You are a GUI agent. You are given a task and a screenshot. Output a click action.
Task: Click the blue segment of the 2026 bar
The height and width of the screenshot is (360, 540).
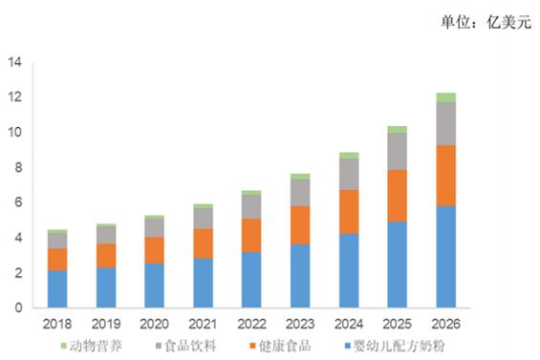[x=446, y=257]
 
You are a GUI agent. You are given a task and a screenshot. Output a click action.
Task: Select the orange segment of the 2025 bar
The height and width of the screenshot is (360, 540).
[x=397, y=196]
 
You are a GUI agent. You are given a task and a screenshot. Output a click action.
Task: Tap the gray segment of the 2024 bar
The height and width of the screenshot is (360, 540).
[x=349, y=174]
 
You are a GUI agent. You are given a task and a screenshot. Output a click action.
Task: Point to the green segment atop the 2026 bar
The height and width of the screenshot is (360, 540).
[x=446, y=97]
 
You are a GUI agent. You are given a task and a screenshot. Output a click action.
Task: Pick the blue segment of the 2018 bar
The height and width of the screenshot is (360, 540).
[x=57, y=289]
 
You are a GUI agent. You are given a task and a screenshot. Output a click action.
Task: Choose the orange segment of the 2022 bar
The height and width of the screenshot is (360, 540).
[x=251, y=236]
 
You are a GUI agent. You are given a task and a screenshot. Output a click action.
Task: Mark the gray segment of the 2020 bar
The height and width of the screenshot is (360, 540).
[x=154, y=228]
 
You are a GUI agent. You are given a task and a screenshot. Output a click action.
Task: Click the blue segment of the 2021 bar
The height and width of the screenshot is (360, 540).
[x=204, y=283]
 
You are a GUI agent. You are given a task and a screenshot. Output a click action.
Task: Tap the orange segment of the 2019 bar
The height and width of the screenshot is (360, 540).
[x=106, y=256]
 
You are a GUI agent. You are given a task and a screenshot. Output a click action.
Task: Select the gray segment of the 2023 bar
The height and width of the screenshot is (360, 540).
[x=300, y=193]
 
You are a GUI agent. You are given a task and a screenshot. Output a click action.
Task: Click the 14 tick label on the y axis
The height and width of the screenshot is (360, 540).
[x=14, y=62]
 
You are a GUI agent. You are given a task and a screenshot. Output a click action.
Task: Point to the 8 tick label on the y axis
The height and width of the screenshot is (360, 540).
[x=18, y=168]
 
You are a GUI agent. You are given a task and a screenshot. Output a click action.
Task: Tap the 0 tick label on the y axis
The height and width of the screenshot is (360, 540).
[x=18, y=307]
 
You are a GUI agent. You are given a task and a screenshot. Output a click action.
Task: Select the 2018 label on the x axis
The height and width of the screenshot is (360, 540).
[x=57, y=324]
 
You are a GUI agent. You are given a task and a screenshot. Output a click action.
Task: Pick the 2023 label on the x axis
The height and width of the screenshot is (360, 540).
[x=300, y=324]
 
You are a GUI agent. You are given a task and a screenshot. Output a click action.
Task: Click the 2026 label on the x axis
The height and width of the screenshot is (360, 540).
[x=446, y=324]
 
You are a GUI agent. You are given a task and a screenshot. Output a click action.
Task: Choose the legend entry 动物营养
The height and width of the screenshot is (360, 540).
[x=91, y=346]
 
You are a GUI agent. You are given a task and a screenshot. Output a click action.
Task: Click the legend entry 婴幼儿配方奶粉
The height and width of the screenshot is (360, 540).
[x=395, y=346]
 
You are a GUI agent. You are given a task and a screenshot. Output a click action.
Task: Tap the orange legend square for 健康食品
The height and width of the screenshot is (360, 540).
[x=253, y=346]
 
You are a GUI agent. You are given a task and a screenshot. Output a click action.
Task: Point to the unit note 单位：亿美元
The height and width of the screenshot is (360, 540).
[x=486, y=23]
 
